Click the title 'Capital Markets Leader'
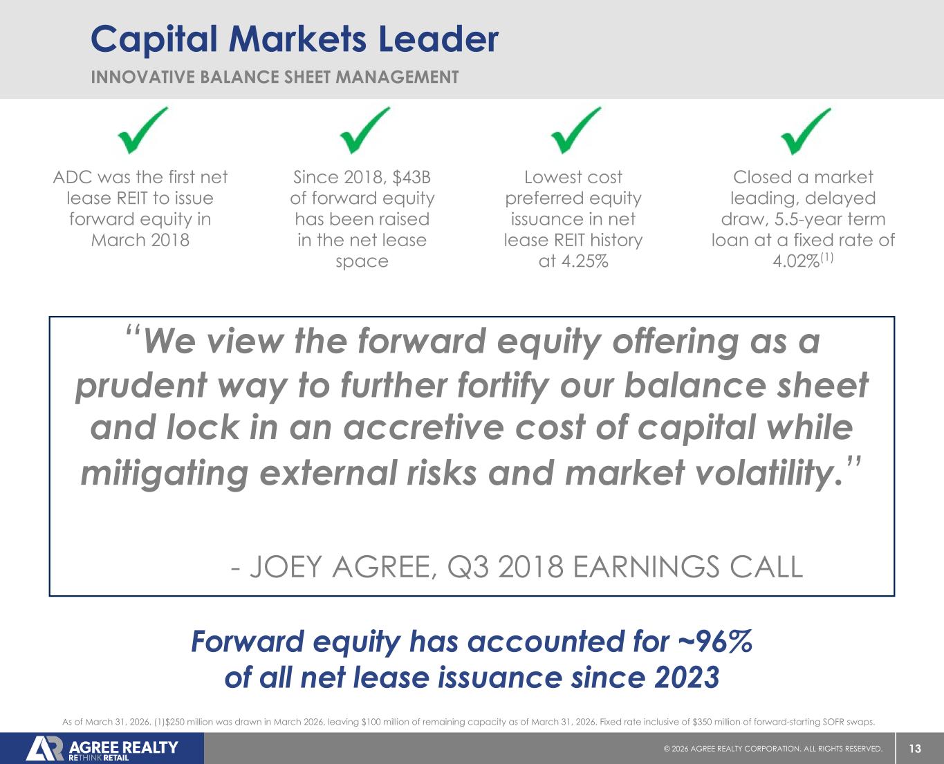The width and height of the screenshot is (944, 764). pyautogui.click(x=295, y=40)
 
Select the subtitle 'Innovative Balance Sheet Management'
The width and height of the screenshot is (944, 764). pyautogui.click(x=275, y=77)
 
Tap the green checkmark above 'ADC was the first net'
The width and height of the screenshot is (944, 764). pyautogui.click(x=142, y=130)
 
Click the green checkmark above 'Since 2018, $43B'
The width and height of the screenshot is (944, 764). pyautogui.click(x=364, y=130)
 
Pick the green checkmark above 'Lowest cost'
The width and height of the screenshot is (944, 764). pyautogui.click(x=575, y=130)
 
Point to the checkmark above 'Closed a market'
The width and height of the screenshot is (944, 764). pyautogui.click(x=806, y=131)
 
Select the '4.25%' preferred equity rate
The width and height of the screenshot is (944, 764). pyautogui.click(x=584, y=261)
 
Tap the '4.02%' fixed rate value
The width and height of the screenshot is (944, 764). pyautogui.click(x=796, y=261)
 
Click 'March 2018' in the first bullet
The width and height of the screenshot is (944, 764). pyautogui.click(x=140, y=240)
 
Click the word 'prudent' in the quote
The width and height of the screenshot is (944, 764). pyautogui.click(x=141, y=386)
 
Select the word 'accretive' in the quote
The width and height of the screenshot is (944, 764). pyautogui.click(x=424, y=428)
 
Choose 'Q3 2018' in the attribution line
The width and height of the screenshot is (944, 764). pyautogui.click(x=506, y=567)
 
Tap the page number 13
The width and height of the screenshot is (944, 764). pyautogui.click(x=915, y=749)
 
